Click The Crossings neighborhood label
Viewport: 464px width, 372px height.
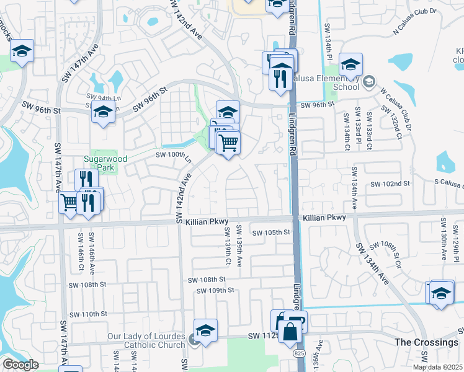click(426, 342)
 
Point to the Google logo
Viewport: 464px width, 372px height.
click(20, 365)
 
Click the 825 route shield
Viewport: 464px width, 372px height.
click(299, 352)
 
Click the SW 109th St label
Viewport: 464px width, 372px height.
click(215, 290)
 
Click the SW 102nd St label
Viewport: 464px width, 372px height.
click(390, 184)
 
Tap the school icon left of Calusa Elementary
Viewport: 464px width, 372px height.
click(350, 64)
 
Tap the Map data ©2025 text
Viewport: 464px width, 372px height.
click(438, 367)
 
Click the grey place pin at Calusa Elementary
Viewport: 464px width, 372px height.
click(369, 82)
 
